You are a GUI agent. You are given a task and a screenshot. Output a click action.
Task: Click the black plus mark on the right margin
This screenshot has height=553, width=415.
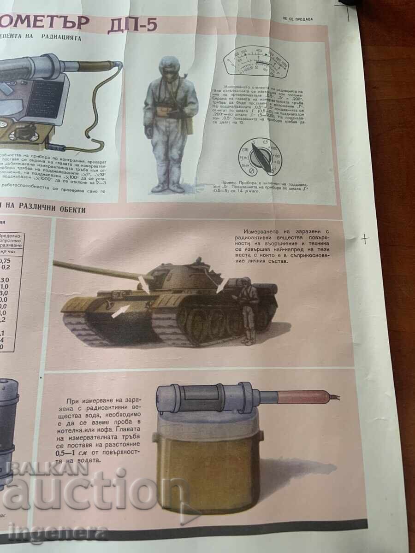(x=365, y=239)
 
